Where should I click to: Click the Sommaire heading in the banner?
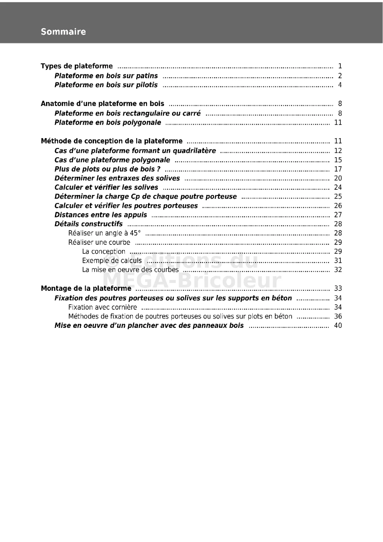63,32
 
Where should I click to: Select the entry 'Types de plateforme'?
77,66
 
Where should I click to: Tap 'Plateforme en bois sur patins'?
106,76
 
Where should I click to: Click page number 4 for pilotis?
340,85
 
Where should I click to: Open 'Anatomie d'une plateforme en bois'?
102,104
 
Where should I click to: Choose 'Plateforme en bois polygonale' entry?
108,122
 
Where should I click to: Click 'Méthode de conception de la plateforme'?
111,141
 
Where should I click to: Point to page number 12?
338,151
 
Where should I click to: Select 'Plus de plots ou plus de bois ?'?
107,169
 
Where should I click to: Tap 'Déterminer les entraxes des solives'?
117,178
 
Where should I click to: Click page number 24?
338,188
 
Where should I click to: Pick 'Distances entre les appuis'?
101,215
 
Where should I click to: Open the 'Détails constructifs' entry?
89,224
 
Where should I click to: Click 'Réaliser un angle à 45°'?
104,233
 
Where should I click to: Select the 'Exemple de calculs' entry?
112,261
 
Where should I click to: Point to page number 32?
338,270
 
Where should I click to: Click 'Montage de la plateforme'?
86,289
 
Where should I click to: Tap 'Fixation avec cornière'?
102,307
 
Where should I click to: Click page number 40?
338,326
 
